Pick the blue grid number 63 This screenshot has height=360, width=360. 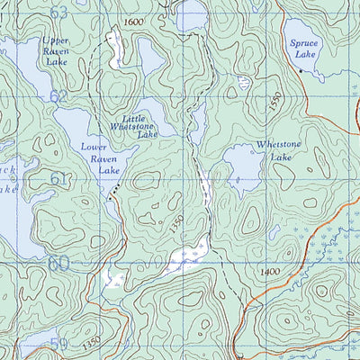[x=59, y=13]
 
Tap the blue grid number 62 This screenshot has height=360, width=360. [x=59, y=95]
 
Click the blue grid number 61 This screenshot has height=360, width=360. [x=59, y=179]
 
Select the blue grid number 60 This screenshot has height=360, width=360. [x=59, y=263]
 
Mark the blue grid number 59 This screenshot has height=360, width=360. [x=59, y=345]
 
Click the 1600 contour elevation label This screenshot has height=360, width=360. [x=133, y=21]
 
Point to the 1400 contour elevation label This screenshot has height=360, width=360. [x=267, y=272]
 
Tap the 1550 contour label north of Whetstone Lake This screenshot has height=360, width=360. [x=277, y=102]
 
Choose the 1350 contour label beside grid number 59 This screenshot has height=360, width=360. [x=91, y=343]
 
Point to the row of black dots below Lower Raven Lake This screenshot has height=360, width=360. [x=112, y=191]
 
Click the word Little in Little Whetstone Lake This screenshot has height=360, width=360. [x=121, y=118]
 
